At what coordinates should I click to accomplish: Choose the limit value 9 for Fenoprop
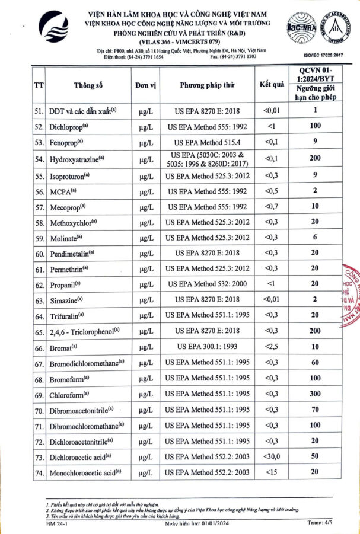(316, 142)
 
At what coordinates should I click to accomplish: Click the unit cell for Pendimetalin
(145, 253)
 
